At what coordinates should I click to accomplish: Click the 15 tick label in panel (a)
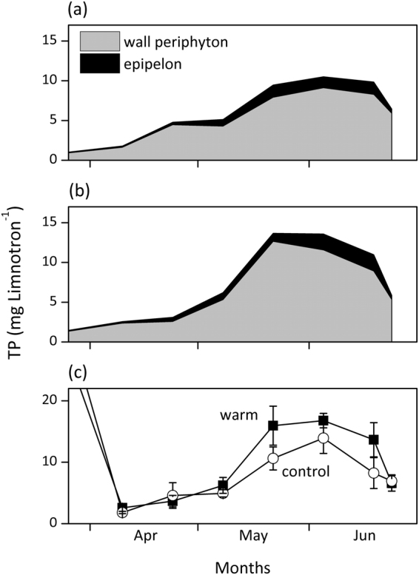pos(49,41)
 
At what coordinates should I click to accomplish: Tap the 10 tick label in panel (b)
pos(49,263)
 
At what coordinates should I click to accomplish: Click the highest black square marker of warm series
pos(324,420)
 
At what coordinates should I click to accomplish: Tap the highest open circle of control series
pos(324,438)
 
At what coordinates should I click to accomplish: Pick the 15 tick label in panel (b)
pos(49,223)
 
